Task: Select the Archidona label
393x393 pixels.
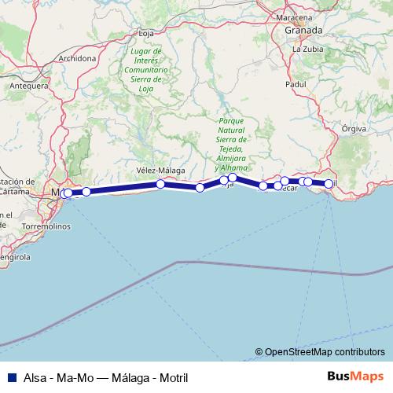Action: (x=76, y=58)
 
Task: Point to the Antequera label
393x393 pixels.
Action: (x=28, y=86)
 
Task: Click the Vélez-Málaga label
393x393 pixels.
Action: (x=160, y=170)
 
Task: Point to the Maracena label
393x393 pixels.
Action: (x=299, y=16)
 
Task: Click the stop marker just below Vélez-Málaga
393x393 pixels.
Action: (x=160, y=184)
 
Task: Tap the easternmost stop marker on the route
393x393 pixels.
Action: (x=329, y=184)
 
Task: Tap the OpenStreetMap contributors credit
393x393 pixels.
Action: (x=325, y=352)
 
